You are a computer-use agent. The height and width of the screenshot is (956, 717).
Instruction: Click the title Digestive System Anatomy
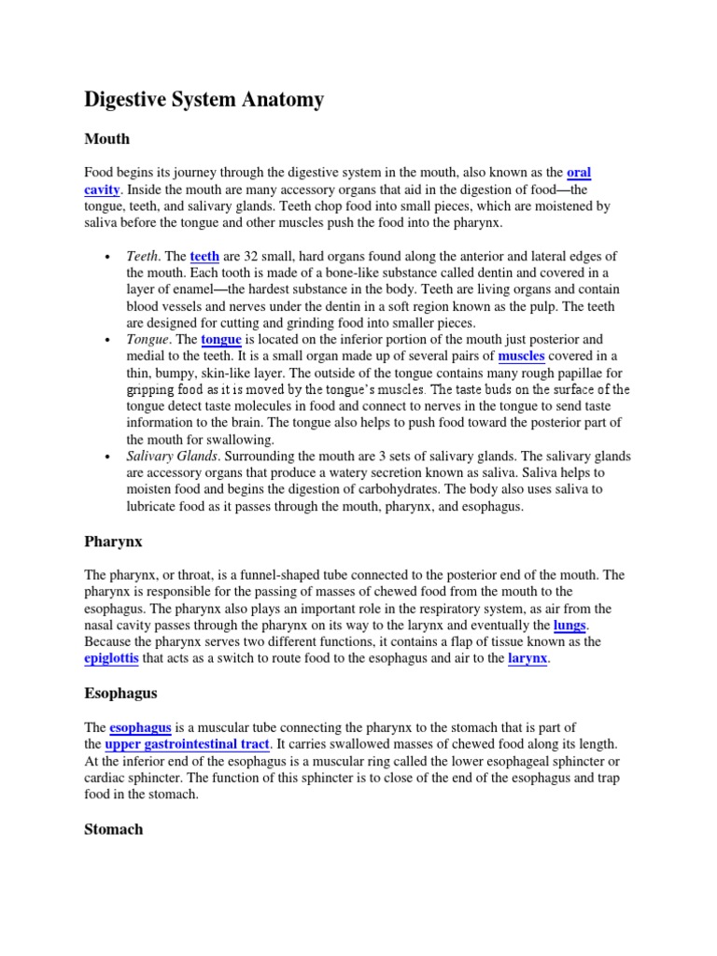tap(204, 99)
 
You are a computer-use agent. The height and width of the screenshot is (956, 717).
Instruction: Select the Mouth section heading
tap(107, 139)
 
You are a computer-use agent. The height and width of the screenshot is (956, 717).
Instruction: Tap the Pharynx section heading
tap(112, 541)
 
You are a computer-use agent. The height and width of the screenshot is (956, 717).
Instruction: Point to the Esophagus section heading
tap(119, 694)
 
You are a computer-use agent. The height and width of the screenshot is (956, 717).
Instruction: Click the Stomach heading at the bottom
tap(114, 828)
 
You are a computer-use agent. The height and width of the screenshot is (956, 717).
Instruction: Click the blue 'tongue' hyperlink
tap(221, 340)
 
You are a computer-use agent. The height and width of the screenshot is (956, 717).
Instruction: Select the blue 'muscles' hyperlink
tap(521, 357)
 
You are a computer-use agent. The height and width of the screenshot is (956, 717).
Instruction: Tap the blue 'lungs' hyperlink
tap(570, 625)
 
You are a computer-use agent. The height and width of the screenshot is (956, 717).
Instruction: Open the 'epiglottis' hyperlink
tap(111, 659)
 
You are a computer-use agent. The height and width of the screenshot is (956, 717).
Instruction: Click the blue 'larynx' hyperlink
tap(527, 659)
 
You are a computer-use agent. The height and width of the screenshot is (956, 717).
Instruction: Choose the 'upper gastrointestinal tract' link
tap(187, 744)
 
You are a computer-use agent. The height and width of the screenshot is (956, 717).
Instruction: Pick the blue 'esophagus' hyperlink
tap(140, 727)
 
